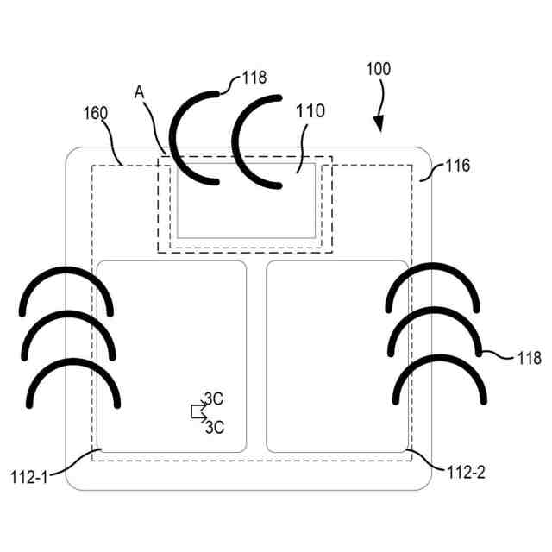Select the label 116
pyautogui.click(x=457, y=166)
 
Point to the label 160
pyautogui.click(x=97, y=113)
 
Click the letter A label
pyautogui.click(x=140, y=91)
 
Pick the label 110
pyautogui.click(x=310, y=111)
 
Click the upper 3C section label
pyautogui.click(x=213, y=399)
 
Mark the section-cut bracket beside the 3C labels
pyautogui.click(x=198, y=411)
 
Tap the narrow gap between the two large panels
pyautogui.click(x=256, y=354)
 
